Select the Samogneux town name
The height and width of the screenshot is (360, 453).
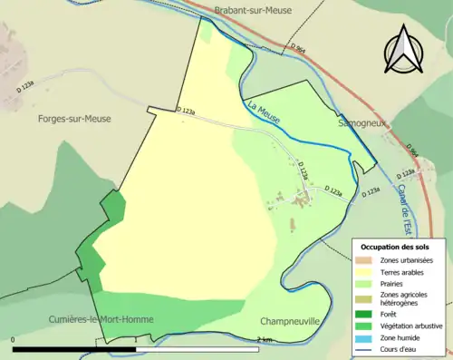pyautogui.click(x=361, y=121)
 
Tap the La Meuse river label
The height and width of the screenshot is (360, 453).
pyautogui.click(x=264, y=113)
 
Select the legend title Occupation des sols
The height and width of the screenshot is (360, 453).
pyautogui.click(x=395, y=247)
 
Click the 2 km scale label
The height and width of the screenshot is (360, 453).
pyautogui.click(x=264, y=339)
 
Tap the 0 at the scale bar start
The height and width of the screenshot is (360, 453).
pyautogui.click(x=14, y=339)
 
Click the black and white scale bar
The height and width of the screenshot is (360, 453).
pyautogui.click(x=136, y=348)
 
